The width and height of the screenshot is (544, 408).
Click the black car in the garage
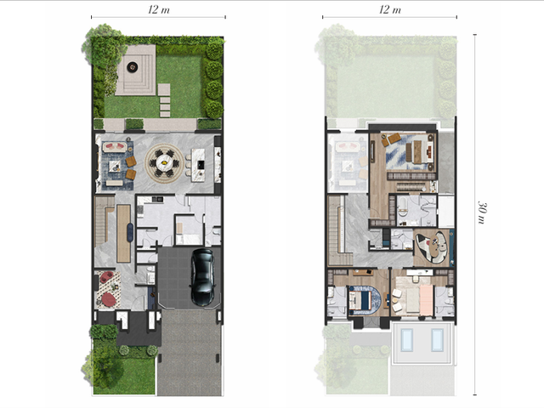[203, 277]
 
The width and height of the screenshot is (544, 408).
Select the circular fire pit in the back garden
[133, 66]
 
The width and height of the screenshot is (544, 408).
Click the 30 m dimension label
[482, 212]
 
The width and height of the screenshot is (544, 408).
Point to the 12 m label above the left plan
[159, 9]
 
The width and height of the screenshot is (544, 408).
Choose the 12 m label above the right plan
[390, 9]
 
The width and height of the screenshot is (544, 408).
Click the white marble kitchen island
[199, 165]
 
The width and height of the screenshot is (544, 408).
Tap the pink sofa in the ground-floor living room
[115, 147]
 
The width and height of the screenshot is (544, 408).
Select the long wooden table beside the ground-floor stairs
[123, 233]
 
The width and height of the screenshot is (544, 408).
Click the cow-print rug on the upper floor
[431, 247]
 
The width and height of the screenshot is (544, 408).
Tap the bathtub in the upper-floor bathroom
[403, 207]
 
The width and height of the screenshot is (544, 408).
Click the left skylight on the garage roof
[406, 340]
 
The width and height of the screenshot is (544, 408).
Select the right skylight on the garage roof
[437, 340]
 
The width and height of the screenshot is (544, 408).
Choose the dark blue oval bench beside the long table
[130, 232]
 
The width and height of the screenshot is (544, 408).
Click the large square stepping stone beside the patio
[164, 89]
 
